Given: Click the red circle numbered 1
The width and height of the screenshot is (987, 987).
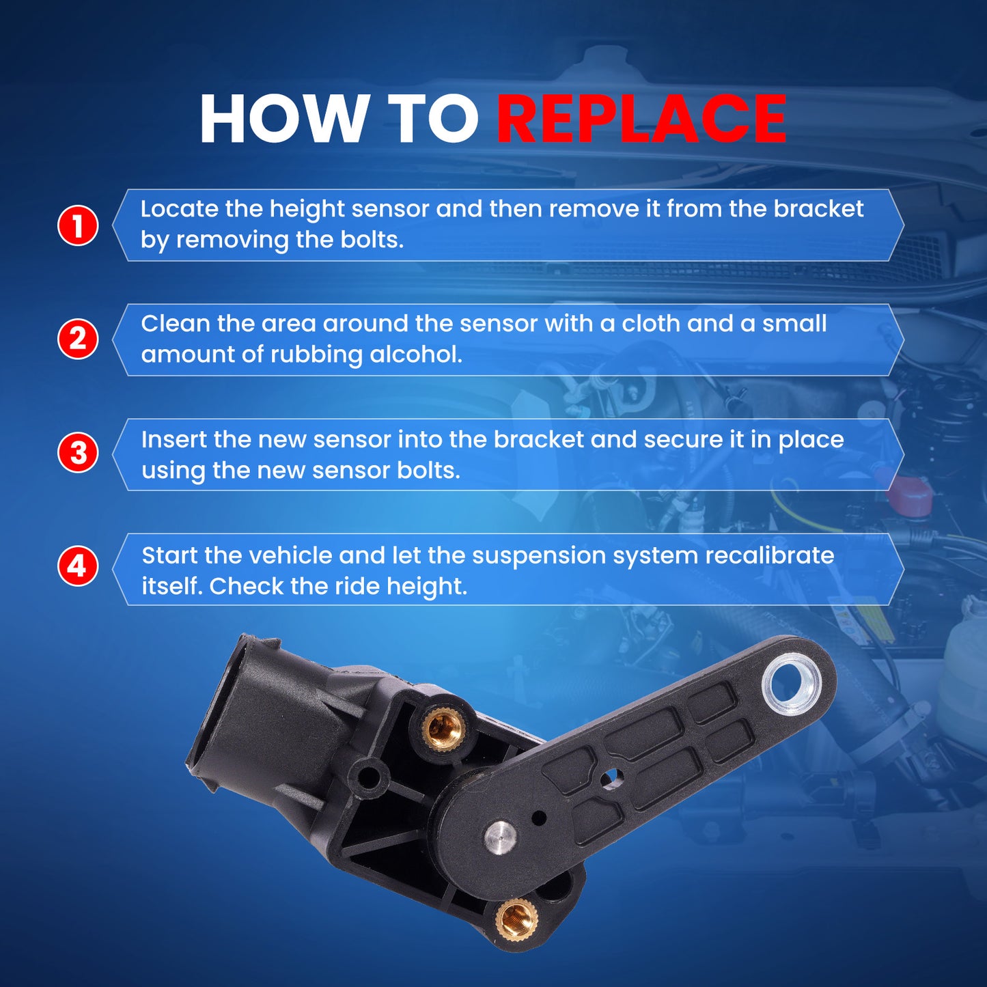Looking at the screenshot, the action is pos(78,225).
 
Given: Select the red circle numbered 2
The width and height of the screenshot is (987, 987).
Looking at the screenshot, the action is pos(78,339).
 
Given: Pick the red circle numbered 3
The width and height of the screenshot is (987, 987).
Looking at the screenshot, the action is pos(78,454).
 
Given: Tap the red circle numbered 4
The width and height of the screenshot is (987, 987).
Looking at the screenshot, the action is pos(78,568).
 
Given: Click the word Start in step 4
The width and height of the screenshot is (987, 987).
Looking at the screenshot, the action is pos(169,555).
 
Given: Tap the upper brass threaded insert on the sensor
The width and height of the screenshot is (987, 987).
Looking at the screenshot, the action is pos(443,724).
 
